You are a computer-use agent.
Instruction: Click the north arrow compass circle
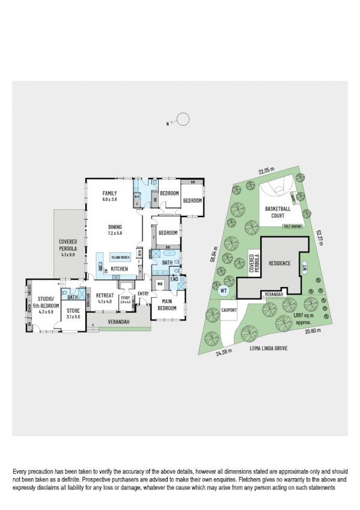tap(183, 120)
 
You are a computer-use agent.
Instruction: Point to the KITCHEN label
tap(119, 268)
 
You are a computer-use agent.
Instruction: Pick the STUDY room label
tap(125, 298)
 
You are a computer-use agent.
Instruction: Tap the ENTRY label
tap(143, 293)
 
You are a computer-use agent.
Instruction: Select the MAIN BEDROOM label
tap(168, 305)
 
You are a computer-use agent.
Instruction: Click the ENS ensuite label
tap(174, 279)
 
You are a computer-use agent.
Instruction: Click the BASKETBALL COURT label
tap(277, 211)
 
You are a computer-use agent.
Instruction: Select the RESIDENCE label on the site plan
tap(279, 263)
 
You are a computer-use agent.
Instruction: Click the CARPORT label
tap(230, 310)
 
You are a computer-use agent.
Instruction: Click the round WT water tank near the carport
tap(224, 290)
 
